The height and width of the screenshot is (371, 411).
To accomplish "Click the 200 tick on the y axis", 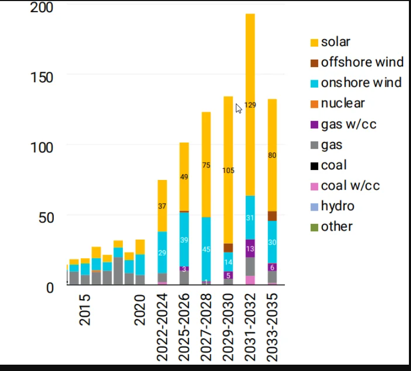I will click(41, 8).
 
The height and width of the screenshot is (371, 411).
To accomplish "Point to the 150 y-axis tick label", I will click(41, 78).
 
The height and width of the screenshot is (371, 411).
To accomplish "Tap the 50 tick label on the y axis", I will click(45, 216).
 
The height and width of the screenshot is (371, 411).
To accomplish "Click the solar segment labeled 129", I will click(250, 105).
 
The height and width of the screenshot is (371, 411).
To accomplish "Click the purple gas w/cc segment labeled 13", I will click(250, 249).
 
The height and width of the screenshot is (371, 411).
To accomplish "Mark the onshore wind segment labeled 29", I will click(162, 252).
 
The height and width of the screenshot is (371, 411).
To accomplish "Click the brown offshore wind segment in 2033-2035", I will click(272, 216).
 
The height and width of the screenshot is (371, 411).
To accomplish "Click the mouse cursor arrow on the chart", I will click(238, 108).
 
